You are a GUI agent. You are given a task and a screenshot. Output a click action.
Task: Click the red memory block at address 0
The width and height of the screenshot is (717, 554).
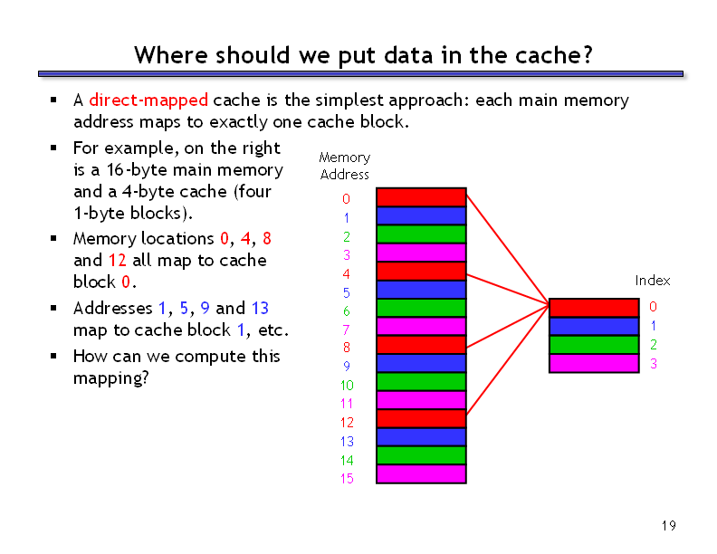(421, 197)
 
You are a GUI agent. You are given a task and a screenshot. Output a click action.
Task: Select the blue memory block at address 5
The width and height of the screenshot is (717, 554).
(421, 290)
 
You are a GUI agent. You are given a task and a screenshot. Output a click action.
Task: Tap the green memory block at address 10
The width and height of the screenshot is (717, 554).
(421, 382)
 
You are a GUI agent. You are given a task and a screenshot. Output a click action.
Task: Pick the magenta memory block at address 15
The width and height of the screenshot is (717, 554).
(421, 474)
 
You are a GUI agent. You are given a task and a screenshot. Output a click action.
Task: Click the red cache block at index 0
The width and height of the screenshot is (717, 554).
(594, 308)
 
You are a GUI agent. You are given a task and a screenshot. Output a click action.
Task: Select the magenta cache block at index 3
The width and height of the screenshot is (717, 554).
(594, 363)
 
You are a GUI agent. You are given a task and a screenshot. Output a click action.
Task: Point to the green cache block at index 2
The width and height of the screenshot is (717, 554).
(594, 345)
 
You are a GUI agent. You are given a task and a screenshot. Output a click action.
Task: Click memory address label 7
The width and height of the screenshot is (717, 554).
(346, 330)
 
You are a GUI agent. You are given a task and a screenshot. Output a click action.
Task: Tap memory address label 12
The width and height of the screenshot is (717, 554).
(347, 423)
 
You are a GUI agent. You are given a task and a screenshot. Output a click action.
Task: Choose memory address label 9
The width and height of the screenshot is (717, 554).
(347, 366)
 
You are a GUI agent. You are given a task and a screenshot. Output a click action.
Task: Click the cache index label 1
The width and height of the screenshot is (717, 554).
(654, 326)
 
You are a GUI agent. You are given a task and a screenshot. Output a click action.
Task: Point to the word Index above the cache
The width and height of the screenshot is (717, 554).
(653, 281)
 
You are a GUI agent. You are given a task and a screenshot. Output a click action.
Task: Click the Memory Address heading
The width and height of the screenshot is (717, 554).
(345, 166)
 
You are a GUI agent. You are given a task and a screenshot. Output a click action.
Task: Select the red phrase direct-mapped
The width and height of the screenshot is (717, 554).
(148, 100)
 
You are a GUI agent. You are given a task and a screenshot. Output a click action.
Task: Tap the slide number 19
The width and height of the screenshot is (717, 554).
(668, 526)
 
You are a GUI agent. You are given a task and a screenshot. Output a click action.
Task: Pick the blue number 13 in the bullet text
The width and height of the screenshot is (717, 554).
(260, 308)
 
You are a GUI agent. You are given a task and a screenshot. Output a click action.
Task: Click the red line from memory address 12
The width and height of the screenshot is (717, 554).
(508, 359)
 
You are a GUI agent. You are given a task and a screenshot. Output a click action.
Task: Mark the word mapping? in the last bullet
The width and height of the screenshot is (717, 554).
(111, 379)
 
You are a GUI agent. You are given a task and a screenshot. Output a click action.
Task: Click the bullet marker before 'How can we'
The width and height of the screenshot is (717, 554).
(53, 356)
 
